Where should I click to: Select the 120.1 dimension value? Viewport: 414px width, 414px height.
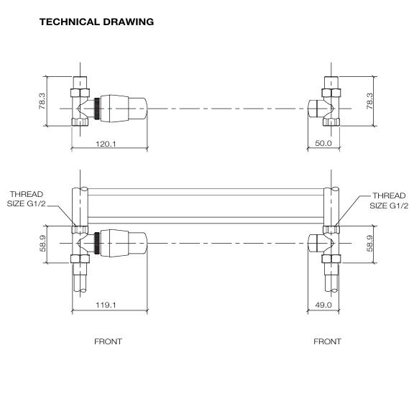point(106,144)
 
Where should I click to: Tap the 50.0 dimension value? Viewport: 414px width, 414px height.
point(323,144)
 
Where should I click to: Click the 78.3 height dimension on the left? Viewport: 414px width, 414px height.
point(42,101)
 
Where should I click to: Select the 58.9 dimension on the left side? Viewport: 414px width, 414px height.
point(42,245)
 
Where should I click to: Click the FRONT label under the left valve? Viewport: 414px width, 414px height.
point(108,341)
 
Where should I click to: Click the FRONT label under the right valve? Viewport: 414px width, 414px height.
point(327,341)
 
